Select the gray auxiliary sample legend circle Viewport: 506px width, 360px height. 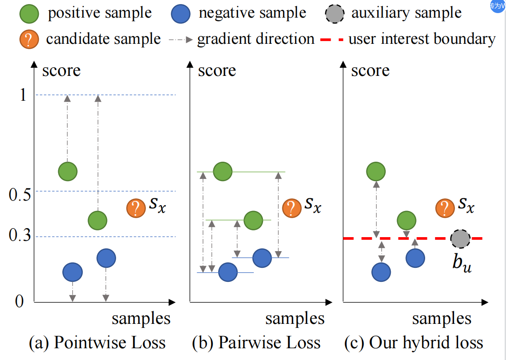(x=335, y=14)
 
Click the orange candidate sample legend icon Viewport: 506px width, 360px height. (x=29, y=39)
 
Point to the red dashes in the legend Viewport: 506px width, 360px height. (x=332, y=40)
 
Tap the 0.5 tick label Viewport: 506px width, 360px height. (x=19, y=195)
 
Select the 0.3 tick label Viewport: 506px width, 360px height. (x=19, y=235)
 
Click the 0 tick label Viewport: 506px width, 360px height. (x=19, y=301)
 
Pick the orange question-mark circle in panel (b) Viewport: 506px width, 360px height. (x=292, y=208)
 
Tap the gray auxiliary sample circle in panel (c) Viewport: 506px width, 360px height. (x=460, y=238)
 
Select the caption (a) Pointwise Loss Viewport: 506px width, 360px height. (x=97, y=343)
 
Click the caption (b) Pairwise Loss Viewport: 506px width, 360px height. (x=256, y=343)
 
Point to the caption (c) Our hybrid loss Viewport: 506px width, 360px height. (x=413, y=343)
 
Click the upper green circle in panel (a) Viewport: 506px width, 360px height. (x=68, y=171)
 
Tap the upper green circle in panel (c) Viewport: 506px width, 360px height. (x=376, y=171)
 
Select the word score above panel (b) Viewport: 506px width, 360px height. (x=217, y=71)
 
